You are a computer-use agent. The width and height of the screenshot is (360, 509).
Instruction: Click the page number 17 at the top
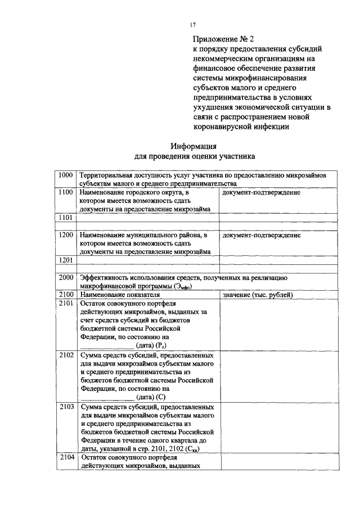(193, 25)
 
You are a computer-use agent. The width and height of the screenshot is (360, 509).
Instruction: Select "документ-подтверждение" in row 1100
(261, 192)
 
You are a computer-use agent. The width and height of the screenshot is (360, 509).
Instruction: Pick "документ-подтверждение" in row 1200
(261, 235)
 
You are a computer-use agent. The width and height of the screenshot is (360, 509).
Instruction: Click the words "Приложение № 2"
(223, 39)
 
